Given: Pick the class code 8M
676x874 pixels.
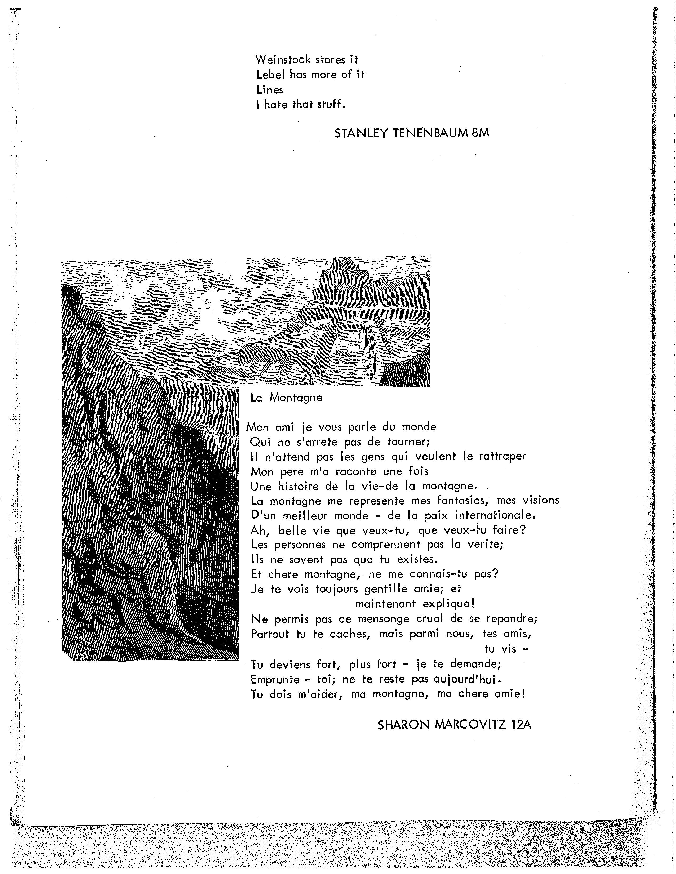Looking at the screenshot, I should [480, 133].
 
